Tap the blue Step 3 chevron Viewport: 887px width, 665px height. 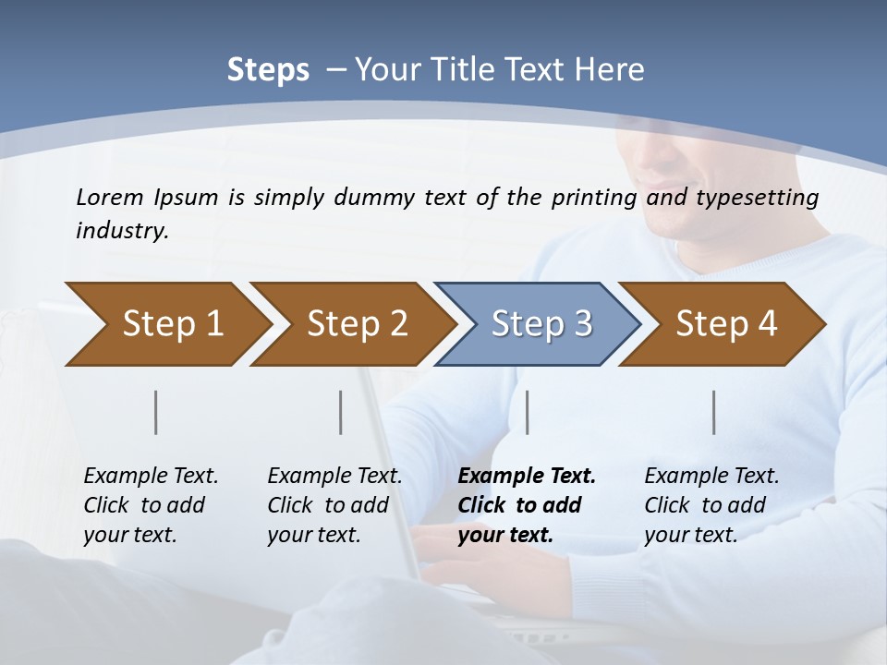[x=538, y=324]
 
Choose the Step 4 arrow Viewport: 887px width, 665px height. [x=723, y=324]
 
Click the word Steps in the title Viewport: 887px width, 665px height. [x=268, y=70]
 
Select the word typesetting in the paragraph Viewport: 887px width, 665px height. [x=761, y=197]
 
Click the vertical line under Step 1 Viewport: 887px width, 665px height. [x=156, y=412]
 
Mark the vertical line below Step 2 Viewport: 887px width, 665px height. [x=341, y=412]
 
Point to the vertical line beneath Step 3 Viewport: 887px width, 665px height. [x=527, y=412]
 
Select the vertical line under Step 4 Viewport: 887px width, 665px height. [x=714, y=412]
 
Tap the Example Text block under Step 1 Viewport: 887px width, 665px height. [x=151, y=505]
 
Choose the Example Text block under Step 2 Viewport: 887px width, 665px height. [x=334, y=505]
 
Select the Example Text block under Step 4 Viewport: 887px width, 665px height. [x=711, y=505]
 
